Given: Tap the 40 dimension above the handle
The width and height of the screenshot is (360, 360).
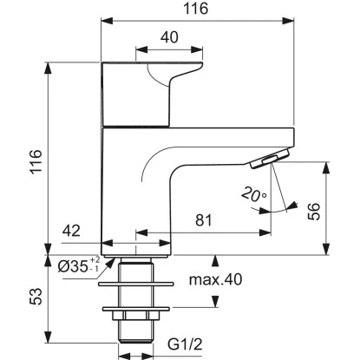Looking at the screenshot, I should [171, 37].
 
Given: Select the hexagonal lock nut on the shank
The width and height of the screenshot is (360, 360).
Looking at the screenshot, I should [136, 315].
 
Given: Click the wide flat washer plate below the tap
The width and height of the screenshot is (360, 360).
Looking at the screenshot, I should [136, 281].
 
